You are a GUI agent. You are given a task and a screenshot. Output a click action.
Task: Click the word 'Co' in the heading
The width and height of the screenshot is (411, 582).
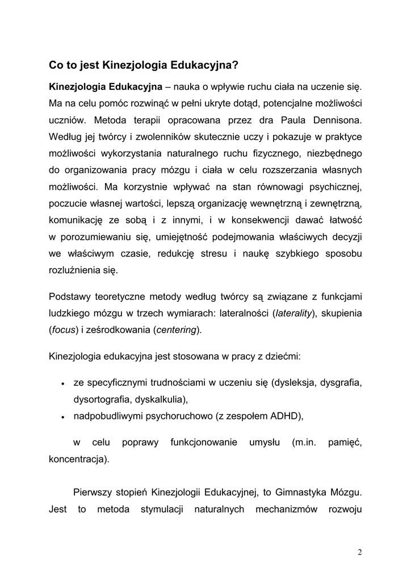[56, 65]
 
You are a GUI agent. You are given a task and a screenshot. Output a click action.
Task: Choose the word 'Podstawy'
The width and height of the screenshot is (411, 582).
[68, 296]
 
